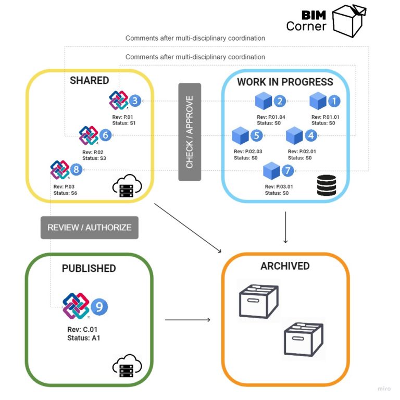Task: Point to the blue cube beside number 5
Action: pos(241,136)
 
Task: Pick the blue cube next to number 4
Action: pos(295,136)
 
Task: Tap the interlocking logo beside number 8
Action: pos(60,170)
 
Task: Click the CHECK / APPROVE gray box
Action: pos(190,132)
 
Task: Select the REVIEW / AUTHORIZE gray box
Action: pos(90,228)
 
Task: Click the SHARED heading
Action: pos(90,80)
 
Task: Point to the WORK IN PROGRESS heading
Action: pos(285,82)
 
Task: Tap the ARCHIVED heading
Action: pos(285,266)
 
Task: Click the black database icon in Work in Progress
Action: pos(326,185)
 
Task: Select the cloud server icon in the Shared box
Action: pos(127,186)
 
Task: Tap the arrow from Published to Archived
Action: pos(187,319)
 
